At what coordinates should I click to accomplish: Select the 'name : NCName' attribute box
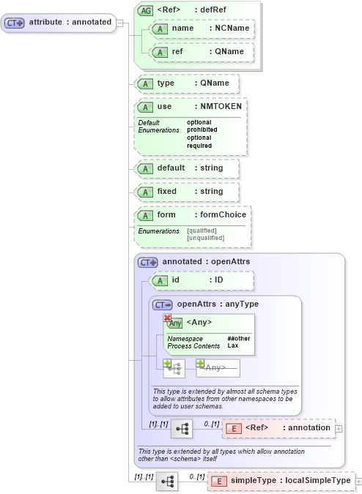201,29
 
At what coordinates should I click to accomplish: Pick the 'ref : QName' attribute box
201,52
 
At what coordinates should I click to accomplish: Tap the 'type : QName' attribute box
187,83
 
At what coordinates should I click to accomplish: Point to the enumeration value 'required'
199,146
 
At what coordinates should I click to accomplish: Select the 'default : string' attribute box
187,168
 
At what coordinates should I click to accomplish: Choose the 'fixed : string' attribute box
187,192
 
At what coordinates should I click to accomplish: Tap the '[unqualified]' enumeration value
206,239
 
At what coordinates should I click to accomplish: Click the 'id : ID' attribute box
201,280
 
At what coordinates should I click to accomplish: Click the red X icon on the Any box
167,318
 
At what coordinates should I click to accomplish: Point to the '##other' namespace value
237,339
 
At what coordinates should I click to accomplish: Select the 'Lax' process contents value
232,345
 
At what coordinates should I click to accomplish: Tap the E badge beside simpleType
219,481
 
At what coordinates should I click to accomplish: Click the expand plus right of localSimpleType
358,481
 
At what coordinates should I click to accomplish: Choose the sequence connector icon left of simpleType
168,481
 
